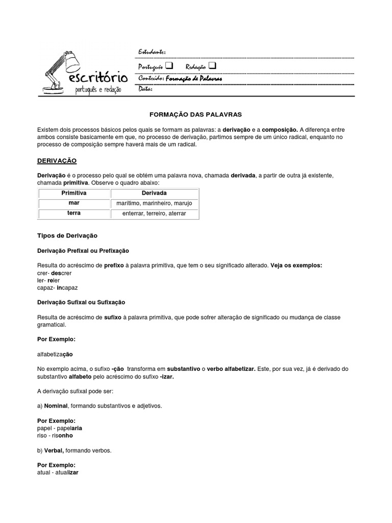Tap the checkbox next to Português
(169, 66)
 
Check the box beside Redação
(212, 66)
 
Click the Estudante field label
(152, 53)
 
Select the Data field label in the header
(145, 89)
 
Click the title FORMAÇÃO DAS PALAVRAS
(196, 113)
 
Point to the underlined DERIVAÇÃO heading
(57, 161)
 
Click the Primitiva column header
(74, 193)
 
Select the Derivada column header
(154, 193)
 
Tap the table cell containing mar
(74, 203)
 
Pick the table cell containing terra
(74, 213)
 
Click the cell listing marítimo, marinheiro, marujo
(154, 203)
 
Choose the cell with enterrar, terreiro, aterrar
(154, 213)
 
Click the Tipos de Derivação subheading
(67, 235)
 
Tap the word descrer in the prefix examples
(62, 273)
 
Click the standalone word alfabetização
(58, 354)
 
